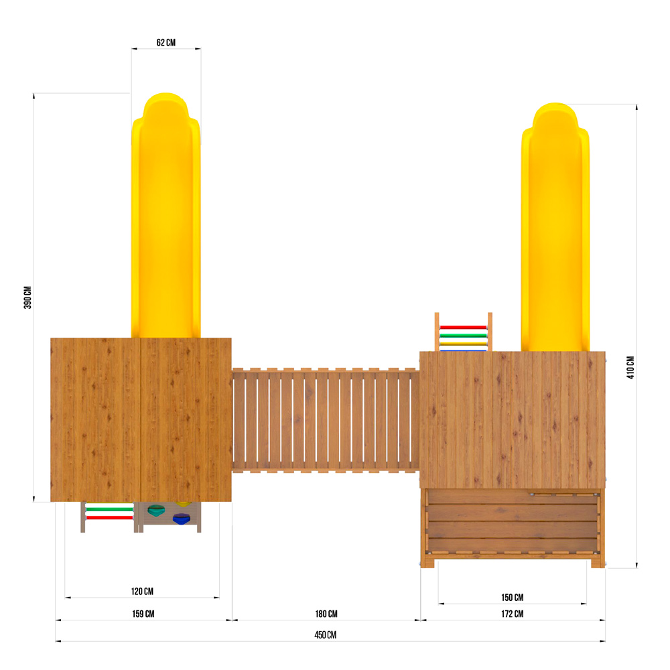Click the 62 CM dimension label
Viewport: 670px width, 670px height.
(165, 42)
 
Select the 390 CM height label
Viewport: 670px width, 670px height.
(27, 297)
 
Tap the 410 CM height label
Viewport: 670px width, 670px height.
(630, 367)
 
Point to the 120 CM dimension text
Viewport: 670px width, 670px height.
(142, 592)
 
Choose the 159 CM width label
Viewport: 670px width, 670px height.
(143, 614)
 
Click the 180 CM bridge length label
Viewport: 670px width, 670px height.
(326, 614)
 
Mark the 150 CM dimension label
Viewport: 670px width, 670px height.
(513, 598)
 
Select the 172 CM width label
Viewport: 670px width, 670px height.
(513, 614)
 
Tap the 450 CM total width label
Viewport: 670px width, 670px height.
(326, 635)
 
